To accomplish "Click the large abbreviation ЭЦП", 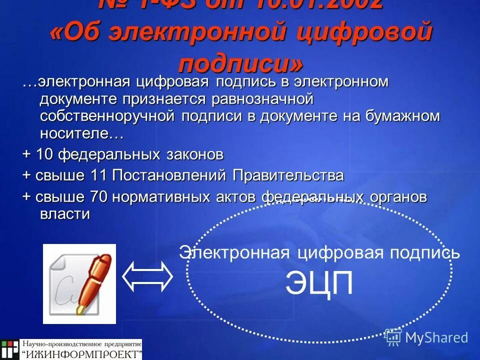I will coord(319,283).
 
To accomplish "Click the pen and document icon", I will coord(79,283).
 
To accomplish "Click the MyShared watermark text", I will coord(436,337).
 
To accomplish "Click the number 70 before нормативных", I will coord(99,197).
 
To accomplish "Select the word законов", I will coord(195,154).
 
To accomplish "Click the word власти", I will coord(65,214).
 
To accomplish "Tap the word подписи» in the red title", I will coord(240,64).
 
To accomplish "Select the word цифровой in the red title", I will coord(369,34).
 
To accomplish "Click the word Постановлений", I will coord(170,175).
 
